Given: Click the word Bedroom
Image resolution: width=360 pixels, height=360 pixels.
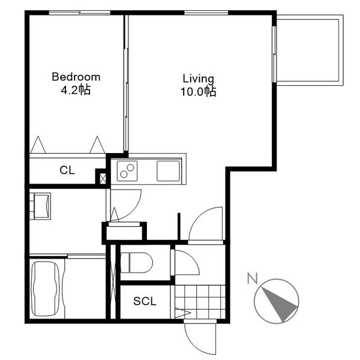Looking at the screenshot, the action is [76, 77].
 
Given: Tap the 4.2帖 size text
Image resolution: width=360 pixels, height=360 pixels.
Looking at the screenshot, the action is [76, 90].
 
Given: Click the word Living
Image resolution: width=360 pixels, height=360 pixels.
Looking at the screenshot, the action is [199, 79].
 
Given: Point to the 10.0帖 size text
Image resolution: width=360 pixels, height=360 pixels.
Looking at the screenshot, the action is [199, 91].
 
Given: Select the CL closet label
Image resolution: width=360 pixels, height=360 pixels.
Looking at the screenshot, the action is [67, 170].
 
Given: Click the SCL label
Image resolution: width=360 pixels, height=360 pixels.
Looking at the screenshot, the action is [145, 301].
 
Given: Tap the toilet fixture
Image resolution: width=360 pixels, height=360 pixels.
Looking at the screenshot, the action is [137, 263].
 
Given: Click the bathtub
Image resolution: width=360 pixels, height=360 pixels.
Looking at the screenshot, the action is [45, 289].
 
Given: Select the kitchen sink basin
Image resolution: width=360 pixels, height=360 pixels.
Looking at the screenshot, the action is [168, 171].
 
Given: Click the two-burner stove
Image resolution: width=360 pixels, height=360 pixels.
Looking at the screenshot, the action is [127, 171].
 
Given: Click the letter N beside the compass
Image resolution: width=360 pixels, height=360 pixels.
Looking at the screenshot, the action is [253, 278].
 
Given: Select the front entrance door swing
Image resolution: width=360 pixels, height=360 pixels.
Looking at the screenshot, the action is [200, 337].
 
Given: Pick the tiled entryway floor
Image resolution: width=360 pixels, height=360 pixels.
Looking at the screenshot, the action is [200, 302].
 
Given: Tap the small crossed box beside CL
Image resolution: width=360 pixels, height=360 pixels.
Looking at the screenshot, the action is [103, 179].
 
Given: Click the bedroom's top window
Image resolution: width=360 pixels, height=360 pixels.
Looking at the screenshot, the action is [79, 13].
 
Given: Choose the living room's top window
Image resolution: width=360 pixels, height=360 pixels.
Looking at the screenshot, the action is [206, 13].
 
